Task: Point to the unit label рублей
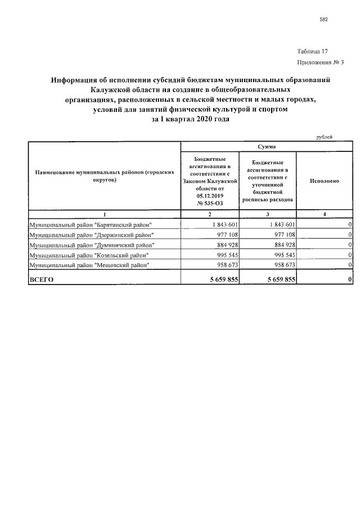click(325, 136)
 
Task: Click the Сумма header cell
click(267, 146)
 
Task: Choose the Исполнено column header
click(324, 181)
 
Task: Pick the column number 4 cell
click(324, 215)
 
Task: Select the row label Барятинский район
click(91, 224)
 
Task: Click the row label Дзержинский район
click(92, 235)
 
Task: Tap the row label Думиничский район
click(92, 245)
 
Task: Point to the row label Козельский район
click(90, 255)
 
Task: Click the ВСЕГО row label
click(42, 280)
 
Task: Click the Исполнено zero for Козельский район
click(350, 255)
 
